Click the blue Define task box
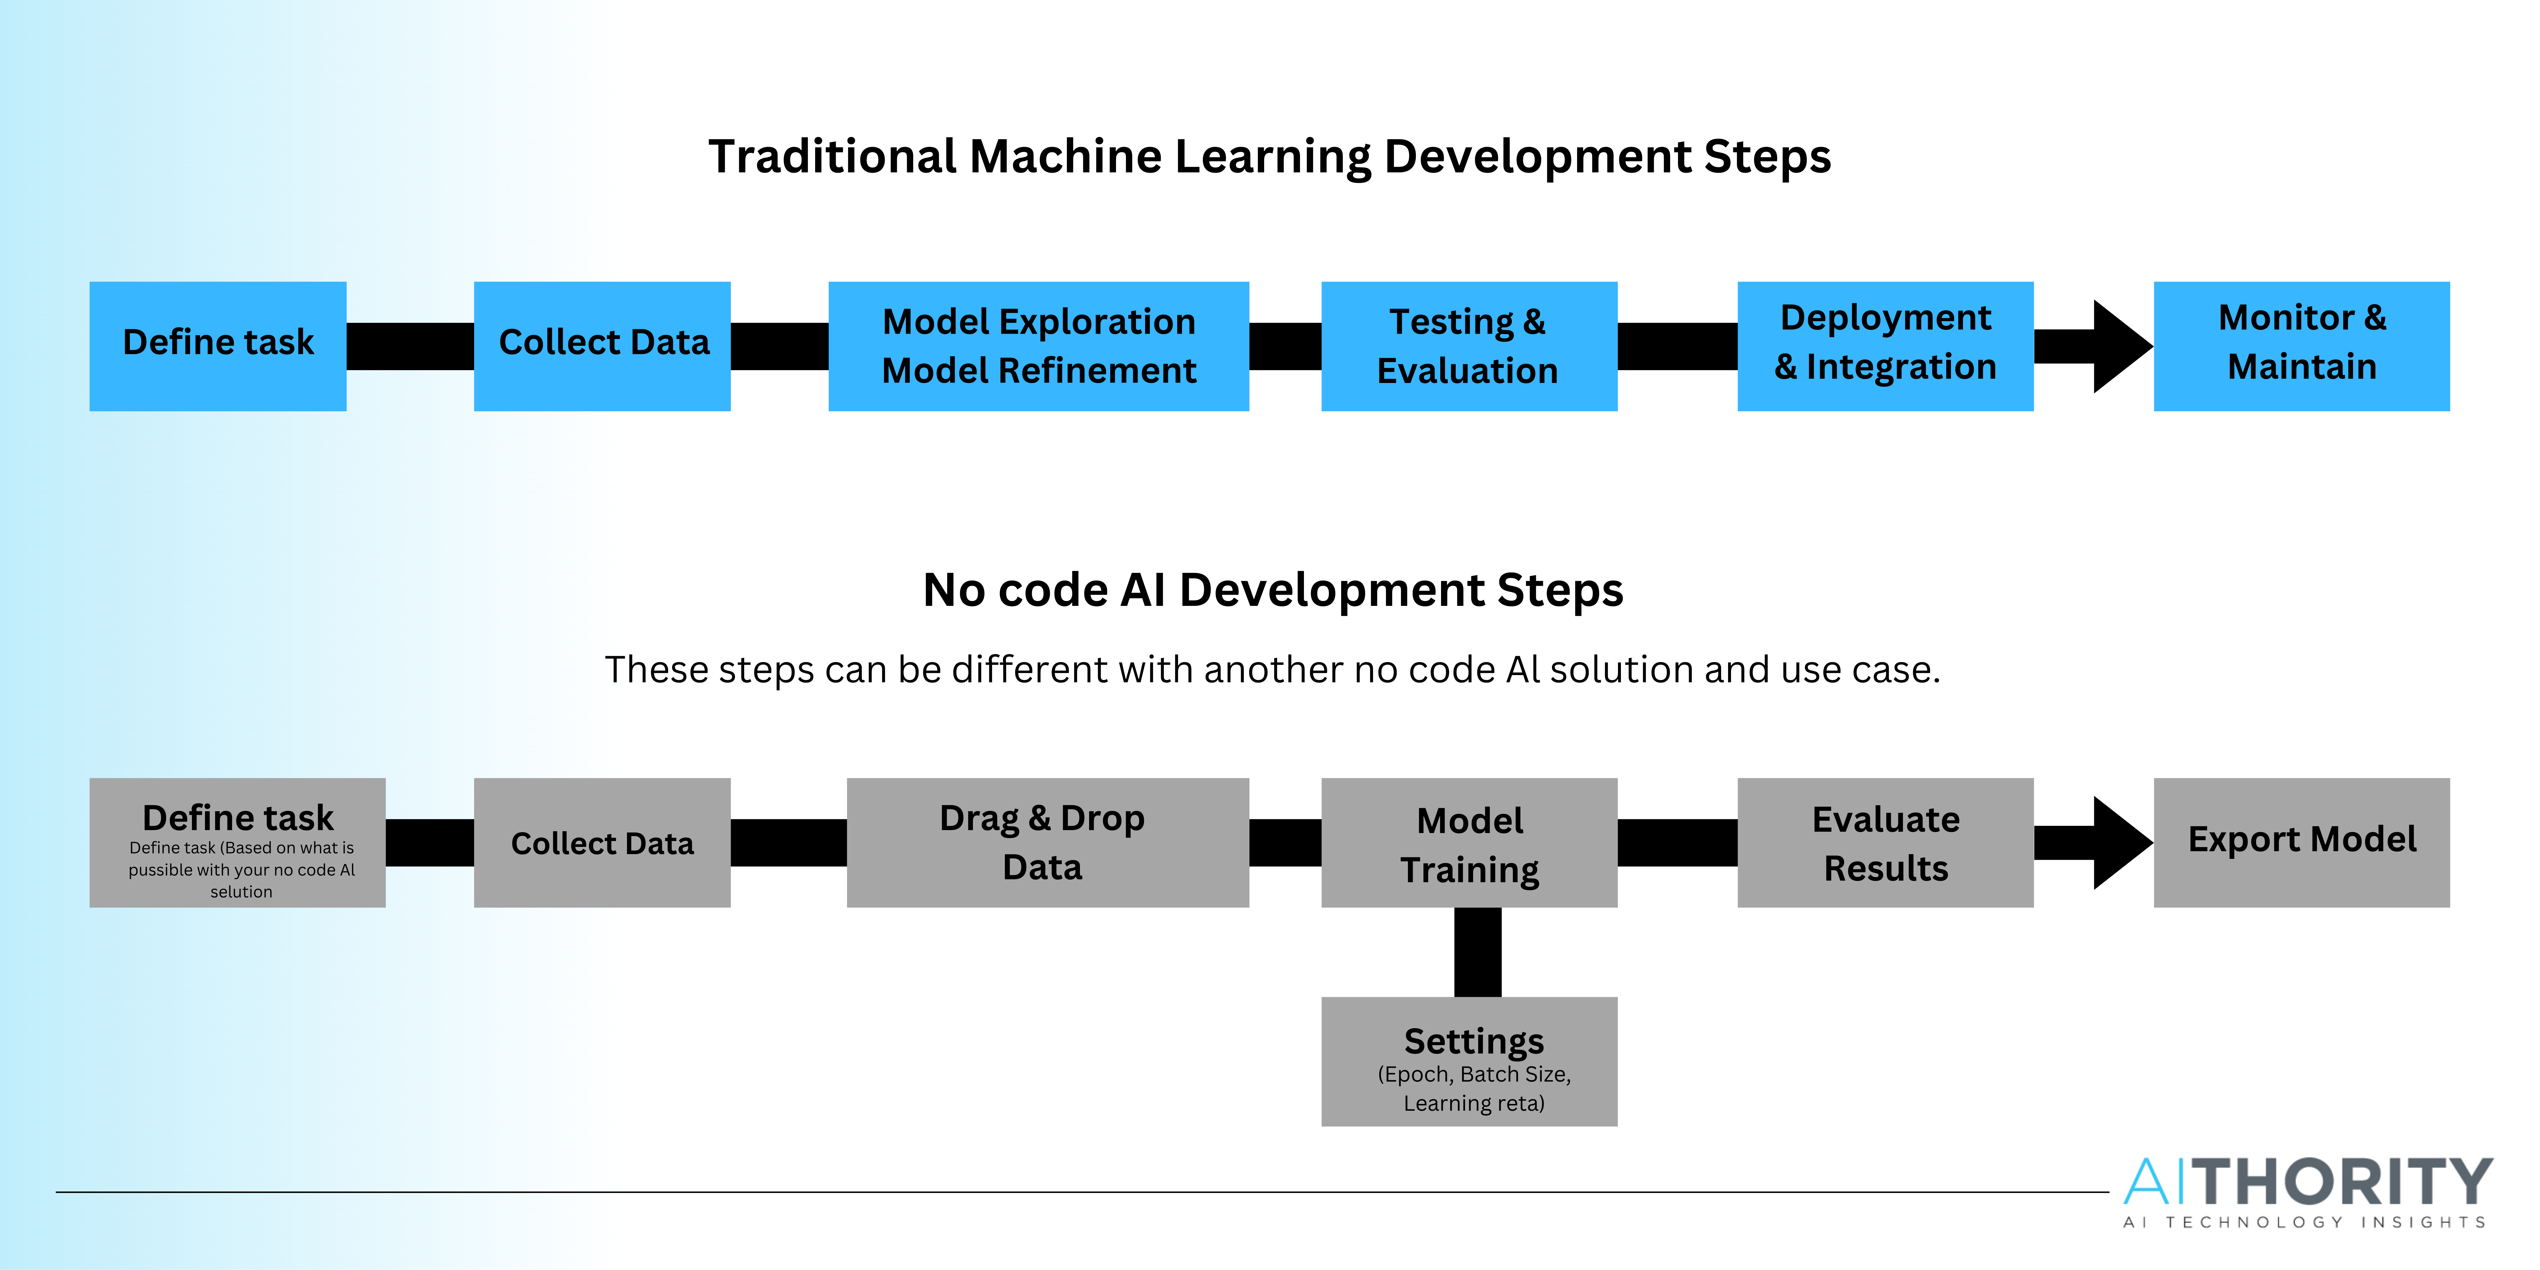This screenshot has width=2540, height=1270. [218, 346]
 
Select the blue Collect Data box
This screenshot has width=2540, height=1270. [602, 346]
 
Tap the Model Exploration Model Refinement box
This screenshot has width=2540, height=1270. [1038, 346]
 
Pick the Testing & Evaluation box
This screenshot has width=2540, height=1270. [1469, 346]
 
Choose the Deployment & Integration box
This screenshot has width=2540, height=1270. [1885, 346]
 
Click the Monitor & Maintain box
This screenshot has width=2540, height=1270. [2301, 346]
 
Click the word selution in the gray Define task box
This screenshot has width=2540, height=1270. [242, 891]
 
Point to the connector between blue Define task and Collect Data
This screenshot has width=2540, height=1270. [410, 346]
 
